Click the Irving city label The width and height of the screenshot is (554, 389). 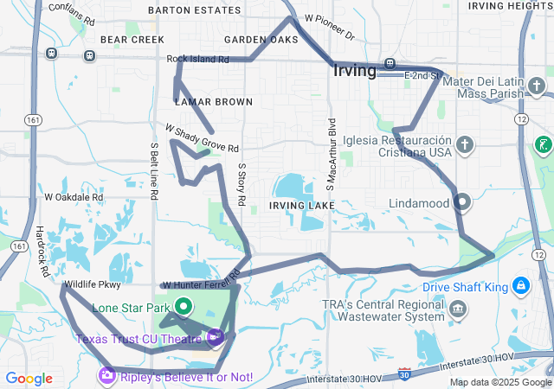(353, 71)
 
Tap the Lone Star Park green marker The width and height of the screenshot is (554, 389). (184, 305)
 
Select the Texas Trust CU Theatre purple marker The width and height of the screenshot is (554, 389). (215, 337)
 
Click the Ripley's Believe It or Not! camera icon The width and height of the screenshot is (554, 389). (106, 375)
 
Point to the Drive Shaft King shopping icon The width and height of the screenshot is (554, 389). (520, 284)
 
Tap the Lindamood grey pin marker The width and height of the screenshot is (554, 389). (461, 202)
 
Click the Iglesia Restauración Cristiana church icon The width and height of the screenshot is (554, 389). (465, 144)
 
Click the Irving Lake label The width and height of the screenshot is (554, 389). (301, 205)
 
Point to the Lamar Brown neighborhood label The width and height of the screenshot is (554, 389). (213, 102)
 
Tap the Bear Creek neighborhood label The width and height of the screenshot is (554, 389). (132, 40)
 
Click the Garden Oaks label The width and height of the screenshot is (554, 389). (261, 40)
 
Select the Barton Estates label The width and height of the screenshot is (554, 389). (182, 10)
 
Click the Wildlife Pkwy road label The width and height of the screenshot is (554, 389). (93, 284)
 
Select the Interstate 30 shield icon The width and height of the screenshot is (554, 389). (405, 373)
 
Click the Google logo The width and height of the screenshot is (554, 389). (29, 378)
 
